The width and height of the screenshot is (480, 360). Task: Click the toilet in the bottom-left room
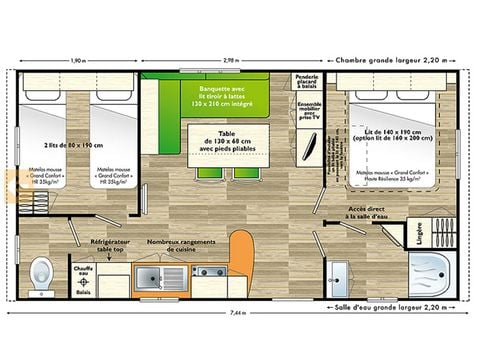(x=41, y=270)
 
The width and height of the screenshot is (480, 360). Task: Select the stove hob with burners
(x=209, y=272)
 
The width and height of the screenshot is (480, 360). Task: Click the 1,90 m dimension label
(x=79, y=60)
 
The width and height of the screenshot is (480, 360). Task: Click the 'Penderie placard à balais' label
(x=307, y=84)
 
